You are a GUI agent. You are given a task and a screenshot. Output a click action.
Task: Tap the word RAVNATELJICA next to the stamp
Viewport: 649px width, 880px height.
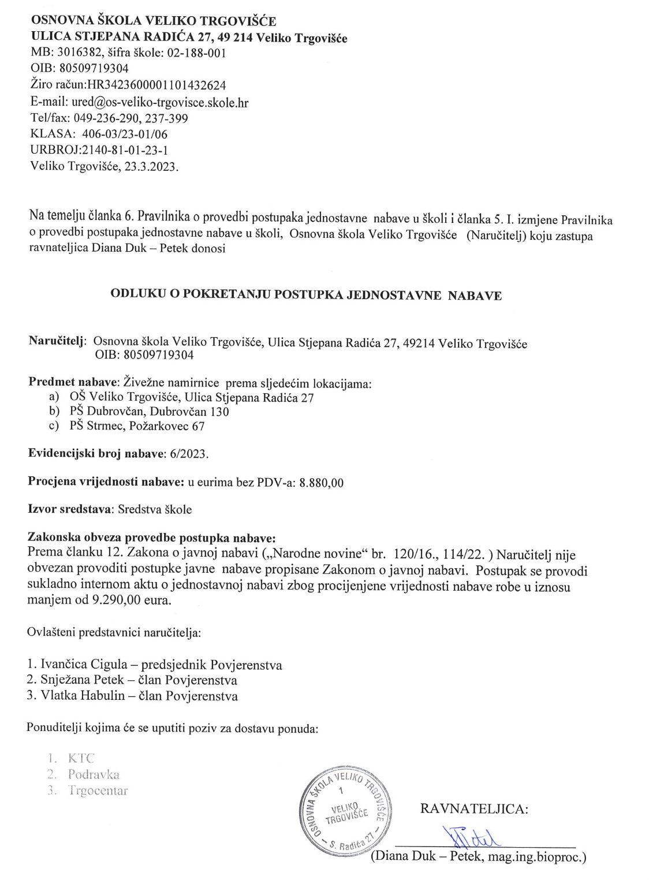[x=474, y=808]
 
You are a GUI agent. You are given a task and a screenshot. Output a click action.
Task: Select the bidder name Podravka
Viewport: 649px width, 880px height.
[x=94, y=774]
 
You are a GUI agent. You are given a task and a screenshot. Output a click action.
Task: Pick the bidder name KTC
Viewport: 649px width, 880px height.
[x=81, y=758]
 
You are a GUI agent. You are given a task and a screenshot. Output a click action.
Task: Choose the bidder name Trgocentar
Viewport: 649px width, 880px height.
[x=98, y=790]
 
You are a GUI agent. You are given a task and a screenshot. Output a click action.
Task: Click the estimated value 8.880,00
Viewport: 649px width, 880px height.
[x=321, y=483]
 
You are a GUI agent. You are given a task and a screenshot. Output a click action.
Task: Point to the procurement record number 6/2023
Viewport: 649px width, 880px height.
[x=189, y=454]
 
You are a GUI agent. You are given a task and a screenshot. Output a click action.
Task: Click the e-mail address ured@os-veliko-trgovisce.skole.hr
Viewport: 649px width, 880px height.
[x=160, y=102]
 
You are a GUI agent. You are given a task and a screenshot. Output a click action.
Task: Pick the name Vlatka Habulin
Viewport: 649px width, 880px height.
[x=83, y=696]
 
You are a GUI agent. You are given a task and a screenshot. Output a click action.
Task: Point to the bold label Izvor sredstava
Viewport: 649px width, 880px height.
[x=71, y=509]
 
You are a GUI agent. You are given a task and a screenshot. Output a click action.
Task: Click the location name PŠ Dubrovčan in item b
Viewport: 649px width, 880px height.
[x=106, y=412]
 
